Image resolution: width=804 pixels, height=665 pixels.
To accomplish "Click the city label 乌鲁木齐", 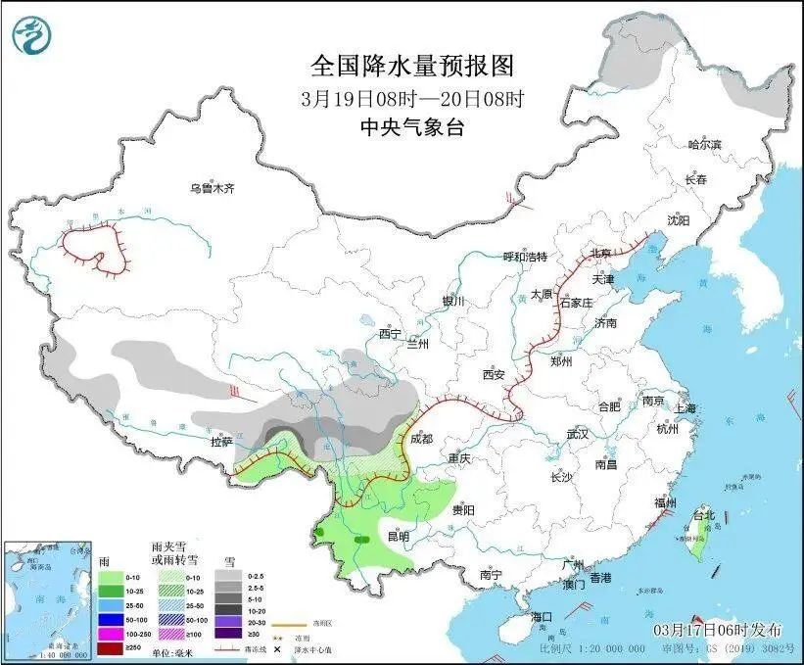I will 213,188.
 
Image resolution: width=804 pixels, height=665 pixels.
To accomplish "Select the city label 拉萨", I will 221,442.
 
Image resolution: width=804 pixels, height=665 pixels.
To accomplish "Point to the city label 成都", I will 422,439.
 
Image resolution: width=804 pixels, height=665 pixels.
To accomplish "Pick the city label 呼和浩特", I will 524,257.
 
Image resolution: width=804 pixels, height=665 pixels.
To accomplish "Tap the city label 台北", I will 703,515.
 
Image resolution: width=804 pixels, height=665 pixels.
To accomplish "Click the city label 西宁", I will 391,334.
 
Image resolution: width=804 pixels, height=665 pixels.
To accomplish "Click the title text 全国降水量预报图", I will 411,66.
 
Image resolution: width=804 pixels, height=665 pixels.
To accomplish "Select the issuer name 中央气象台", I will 411,126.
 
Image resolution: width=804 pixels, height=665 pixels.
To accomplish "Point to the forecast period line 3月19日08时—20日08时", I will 411,98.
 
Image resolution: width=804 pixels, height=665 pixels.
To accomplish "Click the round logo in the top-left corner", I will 30,35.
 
